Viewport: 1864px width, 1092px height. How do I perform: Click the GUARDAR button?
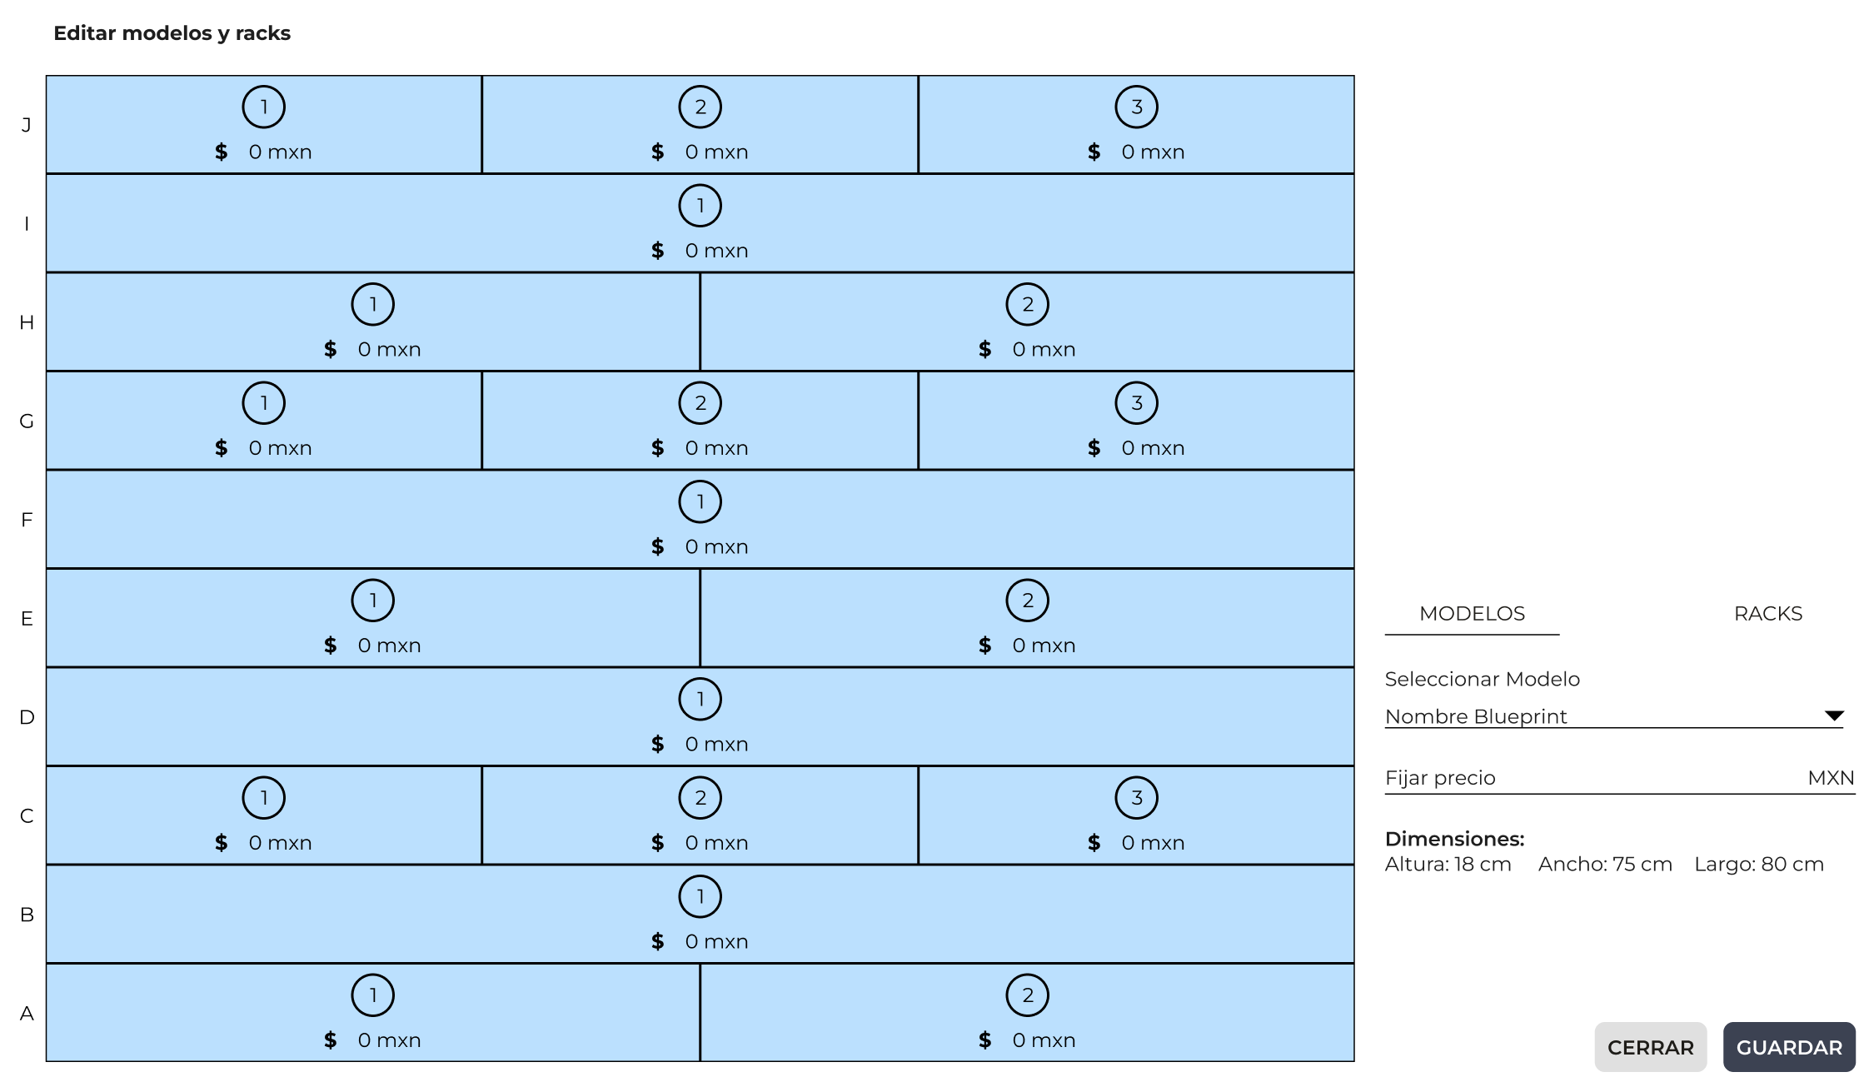point(1789,1047)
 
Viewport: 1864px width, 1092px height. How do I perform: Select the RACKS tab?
point(1767,614)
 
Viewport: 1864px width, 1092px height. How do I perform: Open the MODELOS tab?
point(1472,614)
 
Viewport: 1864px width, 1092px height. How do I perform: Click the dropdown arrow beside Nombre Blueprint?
point(1834,716)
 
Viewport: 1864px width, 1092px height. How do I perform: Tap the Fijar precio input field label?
point(1440,778)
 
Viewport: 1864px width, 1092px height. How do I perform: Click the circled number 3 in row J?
point(1137,107)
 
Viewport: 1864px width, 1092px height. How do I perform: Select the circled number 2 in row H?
point(1028,304)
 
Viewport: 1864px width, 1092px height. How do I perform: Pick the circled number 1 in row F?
point(700,501)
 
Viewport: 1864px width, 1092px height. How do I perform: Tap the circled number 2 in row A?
point(1028,995)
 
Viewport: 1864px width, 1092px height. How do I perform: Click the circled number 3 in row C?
point(1137,797)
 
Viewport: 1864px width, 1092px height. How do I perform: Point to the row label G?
point(27,421)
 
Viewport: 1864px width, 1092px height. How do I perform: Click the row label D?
point(27,717)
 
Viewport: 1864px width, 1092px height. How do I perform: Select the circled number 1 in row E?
point(373,600)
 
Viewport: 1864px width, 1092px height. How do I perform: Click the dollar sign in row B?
point(658,941)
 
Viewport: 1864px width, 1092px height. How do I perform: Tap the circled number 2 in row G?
point(700,402)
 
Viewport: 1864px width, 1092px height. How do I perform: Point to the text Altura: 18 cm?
point(1448,865)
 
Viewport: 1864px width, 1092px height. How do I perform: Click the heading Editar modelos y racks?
point(172,33)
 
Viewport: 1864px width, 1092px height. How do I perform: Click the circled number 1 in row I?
point(700,205)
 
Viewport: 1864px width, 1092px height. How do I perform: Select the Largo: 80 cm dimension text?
point(1759,865)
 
